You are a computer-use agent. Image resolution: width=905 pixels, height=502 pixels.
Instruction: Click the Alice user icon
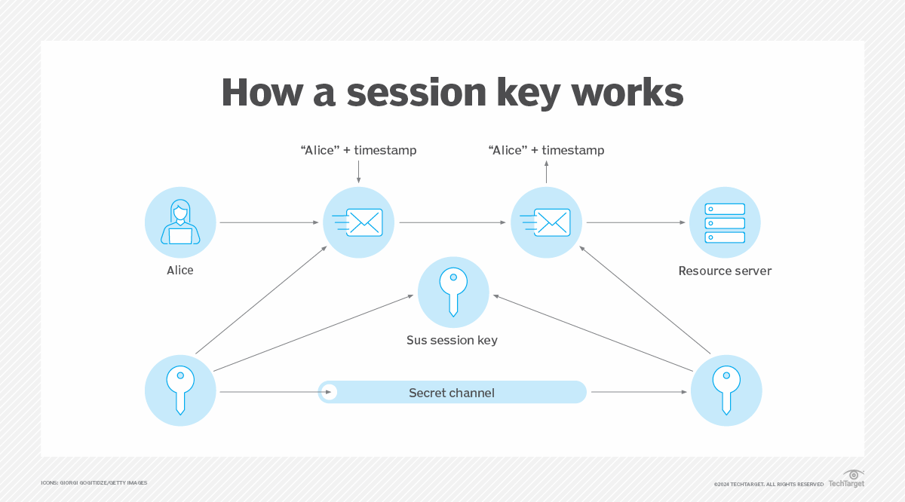(180, 223)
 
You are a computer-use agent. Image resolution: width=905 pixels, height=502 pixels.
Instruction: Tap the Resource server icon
(725, 223)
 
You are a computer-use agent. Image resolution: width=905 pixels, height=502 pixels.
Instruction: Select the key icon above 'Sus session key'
(453, 292)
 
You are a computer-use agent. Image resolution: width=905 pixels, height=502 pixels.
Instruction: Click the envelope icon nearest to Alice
(358, 222)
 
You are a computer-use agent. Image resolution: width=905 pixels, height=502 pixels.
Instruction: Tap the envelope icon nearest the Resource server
(546, 222)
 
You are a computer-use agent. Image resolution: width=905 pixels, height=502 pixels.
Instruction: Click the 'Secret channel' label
(451, 393)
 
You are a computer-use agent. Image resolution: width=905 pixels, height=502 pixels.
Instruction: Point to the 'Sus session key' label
(452, 340)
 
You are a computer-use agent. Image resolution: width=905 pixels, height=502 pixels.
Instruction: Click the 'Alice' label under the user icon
(180, 270)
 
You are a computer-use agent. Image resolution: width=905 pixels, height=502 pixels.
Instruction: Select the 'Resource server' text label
(725, 271)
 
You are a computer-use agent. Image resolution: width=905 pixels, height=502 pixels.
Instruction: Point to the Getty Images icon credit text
(94, 482)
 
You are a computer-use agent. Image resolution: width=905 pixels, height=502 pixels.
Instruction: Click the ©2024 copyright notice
(768, 484)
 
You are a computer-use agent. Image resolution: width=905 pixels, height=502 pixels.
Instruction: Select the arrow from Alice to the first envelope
(269, 222)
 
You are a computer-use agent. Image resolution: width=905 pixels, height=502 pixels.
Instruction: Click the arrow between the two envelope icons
(452, 222)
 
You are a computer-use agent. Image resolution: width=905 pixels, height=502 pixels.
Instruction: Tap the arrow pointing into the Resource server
(637, 222)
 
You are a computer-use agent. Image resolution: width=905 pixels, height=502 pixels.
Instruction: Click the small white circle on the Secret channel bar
(328, 392)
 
